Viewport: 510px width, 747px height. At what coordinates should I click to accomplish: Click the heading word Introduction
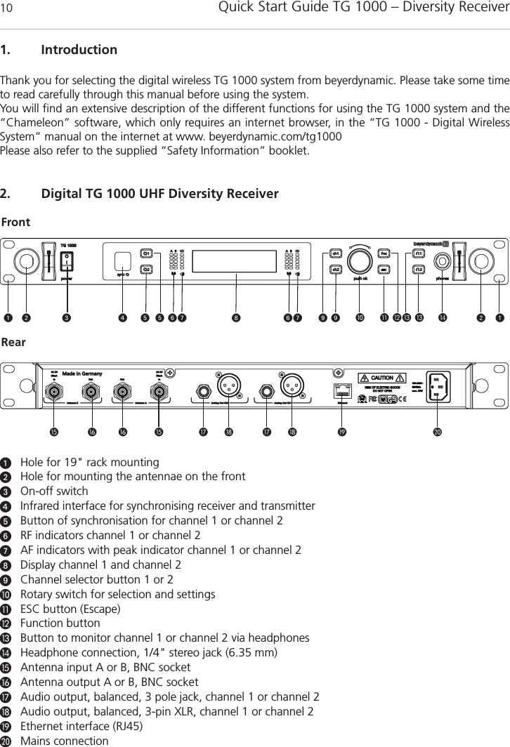pyautogui.click(x=79, y=51)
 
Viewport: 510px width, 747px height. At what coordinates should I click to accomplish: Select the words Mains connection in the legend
pyautogui.click(x=65, y=741)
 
